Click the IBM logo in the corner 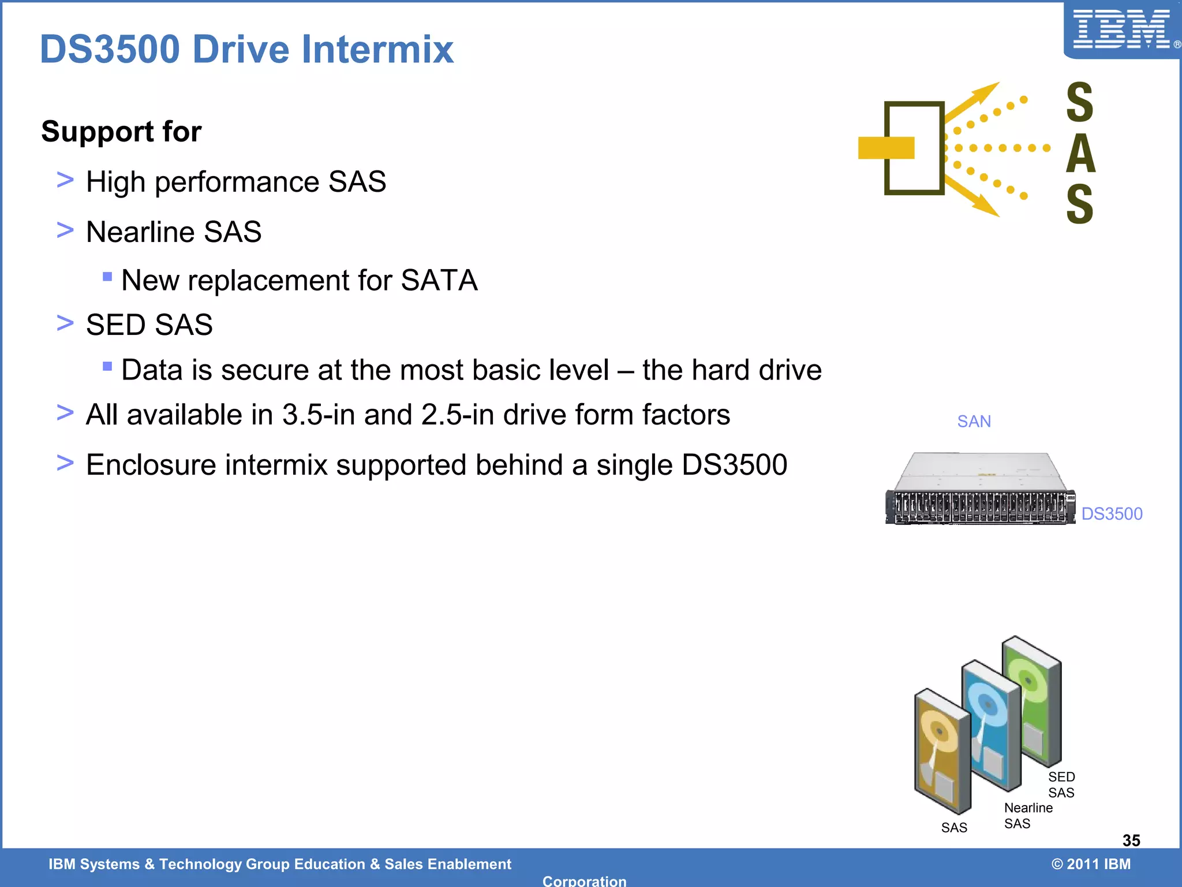coord(1121,29)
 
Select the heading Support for coord(121,132)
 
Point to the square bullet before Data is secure coord(107,366)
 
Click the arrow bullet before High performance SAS coord(65,180)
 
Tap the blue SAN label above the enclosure coord(974,422)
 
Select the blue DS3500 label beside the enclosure coord(1112,513)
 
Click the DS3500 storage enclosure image coord(980,490)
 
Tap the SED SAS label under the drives coord(1061,785)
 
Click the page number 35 coord(1131,840)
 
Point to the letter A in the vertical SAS coord(1080,154)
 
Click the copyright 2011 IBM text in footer coord(1091,864)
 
